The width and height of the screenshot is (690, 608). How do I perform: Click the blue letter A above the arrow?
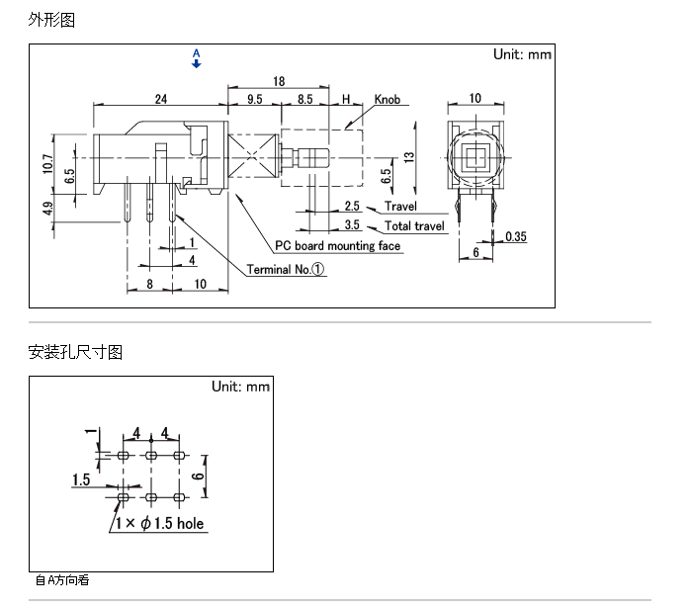click(197, 53)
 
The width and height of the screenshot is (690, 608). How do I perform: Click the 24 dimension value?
click(161, 99)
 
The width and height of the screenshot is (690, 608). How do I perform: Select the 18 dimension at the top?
click(279, 81)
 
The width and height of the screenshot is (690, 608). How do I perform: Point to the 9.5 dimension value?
click(254, 99)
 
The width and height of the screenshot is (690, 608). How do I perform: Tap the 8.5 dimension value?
click(304, 99)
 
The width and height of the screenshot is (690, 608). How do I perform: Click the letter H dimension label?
click(346, 99)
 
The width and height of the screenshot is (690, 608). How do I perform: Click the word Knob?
click(388, 100)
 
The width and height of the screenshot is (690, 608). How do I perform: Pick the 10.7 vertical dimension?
click(48, 164)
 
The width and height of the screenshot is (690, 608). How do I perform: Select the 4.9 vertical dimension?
click(48, 209)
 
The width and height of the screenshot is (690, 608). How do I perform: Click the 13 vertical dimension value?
click(409, 157)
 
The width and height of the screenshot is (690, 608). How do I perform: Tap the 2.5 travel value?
click(352, 206)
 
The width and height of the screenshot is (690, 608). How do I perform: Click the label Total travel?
click(414, 226)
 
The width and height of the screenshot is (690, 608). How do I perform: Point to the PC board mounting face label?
click(337, 245)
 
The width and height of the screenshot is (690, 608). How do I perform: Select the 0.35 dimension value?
click(516, 236)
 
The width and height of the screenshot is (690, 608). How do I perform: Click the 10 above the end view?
click(475, 98)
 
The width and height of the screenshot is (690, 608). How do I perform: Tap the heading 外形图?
click(51, 20)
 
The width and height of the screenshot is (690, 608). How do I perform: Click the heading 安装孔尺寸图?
click(75, 352)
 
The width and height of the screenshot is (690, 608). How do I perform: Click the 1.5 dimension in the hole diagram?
click(81, 479)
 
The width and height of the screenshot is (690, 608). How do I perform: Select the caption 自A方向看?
click(62, 580)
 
